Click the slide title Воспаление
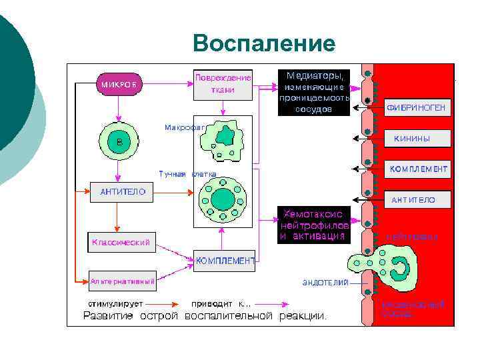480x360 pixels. pos(264,43)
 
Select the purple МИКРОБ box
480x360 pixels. pos(121,85)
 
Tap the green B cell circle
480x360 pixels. pos(118,141)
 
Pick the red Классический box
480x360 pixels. pos(121,241)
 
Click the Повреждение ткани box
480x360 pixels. pos(223,83)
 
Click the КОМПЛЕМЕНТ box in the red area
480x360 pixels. pos(418,169)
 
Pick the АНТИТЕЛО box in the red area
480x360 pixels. pos(417,199)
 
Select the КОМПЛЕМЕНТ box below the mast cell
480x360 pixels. pos(224,261)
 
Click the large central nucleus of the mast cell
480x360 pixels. pos(223,199)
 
